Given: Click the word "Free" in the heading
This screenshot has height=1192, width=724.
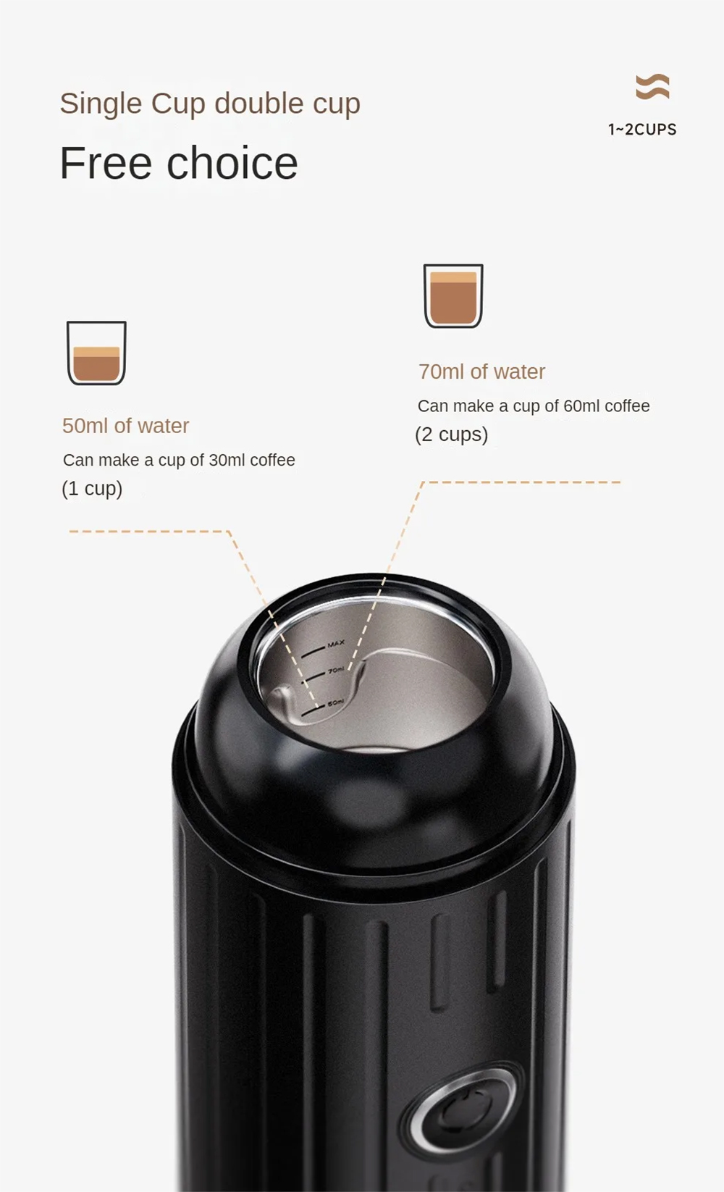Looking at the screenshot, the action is point(106,163).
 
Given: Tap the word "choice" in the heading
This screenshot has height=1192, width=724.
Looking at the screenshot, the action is point(232,163).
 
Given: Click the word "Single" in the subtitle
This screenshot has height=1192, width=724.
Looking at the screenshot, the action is point(101,104).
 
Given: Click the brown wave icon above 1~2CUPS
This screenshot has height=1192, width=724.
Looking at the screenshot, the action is point(653,87).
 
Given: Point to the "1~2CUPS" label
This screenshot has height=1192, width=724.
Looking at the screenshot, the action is point(643,130).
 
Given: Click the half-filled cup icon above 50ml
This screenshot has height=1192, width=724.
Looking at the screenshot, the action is point(96,353).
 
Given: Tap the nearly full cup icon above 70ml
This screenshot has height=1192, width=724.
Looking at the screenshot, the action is point(453,296).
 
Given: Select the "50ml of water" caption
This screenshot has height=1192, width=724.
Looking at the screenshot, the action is point(125,426).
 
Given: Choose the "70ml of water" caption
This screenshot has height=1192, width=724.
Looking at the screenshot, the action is point(482,372).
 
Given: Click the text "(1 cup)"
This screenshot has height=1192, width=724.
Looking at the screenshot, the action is point(92,489).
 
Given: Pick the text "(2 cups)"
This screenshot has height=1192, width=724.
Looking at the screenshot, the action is point(452,435).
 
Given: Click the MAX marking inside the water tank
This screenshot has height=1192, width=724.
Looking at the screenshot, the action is point(336,644).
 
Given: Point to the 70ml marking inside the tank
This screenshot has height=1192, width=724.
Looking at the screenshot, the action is point(336,671).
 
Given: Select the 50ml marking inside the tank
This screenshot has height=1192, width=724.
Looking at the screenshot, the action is point(335,703).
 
